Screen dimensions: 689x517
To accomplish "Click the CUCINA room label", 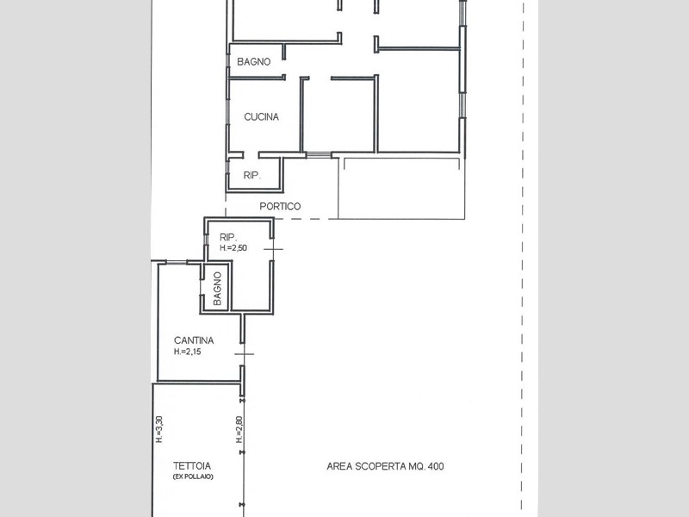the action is [262, 117].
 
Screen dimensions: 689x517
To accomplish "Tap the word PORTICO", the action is [280, 206].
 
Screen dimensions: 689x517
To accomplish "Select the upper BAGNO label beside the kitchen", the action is [253, 62].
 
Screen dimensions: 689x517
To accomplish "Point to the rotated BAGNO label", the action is [217, 289].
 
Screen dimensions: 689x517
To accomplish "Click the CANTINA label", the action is [194, 340].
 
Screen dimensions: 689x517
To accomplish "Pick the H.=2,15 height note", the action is [187, 352].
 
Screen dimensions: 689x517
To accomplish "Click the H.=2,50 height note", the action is [233, 248].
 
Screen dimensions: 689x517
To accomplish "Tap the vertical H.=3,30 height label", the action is [159, 429].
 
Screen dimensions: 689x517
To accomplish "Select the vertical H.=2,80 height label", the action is [239, 429].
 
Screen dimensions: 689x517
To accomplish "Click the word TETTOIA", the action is [192, 466].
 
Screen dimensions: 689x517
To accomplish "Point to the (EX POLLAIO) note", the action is [193, 477].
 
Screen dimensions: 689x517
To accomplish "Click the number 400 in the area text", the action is [436, 466].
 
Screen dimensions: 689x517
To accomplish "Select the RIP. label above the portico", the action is [251, 176].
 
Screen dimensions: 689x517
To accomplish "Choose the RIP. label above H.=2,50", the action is [228, 238].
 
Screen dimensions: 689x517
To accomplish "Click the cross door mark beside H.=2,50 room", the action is [273, 249].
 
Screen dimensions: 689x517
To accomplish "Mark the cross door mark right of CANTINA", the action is [245, 354].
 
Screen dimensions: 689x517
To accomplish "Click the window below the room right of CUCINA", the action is [318, 155].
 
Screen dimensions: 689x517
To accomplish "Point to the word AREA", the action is [339, 466].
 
